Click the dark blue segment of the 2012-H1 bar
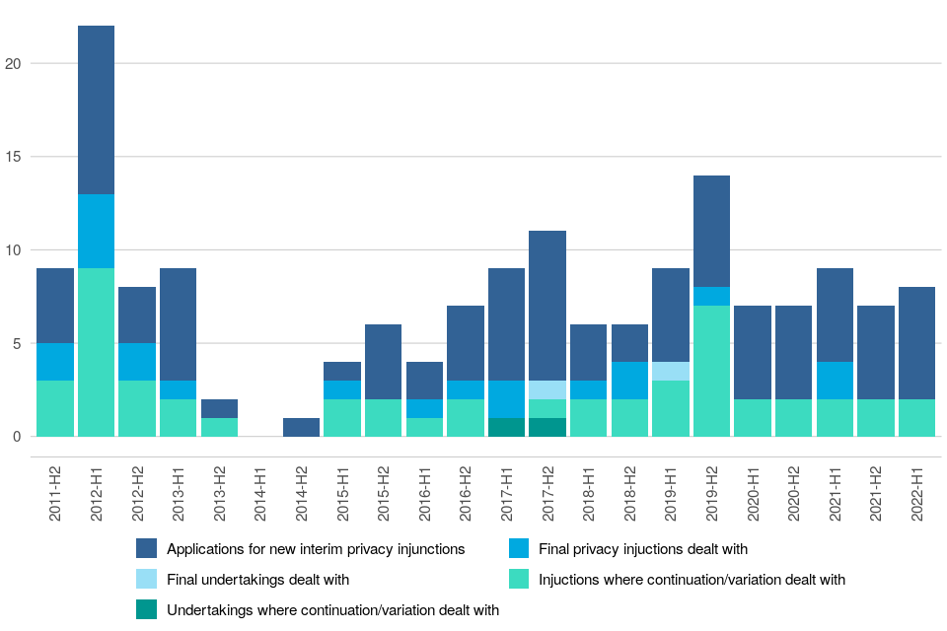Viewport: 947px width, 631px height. [x=96, y=109]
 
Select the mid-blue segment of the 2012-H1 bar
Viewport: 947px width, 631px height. [x=96, y=231]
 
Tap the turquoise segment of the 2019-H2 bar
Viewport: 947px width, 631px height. [x=711, y=371]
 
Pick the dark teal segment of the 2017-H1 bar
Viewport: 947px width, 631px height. [x=506, y=427]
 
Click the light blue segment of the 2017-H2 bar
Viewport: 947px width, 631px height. [x=547, y=389]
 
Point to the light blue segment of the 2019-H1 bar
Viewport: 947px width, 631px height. [x=671, y=371]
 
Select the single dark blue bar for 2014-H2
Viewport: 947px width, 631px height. [x=301, y=427]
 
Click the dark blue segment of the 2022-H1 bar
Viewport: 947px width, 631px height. [x=917, y=343]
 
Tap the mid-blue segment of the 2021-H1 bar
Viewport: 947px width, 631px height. [x=835, y=381]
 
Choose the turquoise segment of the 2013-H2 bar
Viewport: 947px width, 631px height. [x=219, y=427]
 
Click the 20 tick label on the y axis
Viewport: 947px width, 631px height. [x=13, y=64]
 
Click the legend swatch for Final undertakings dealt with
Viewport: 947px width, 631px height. [x=147, y=580]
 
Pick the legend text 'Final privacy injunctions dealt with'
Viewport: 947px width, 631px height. [x=642, y=549]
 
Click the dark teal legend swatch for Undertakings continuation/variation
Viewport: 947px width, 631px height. [x=147, y=610]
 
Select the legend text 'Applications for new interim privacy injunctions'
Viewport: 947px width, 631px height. [x=316, y=549]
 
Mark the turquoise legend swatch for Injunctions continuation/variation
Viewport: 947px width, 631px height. [x=518, y=580]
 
